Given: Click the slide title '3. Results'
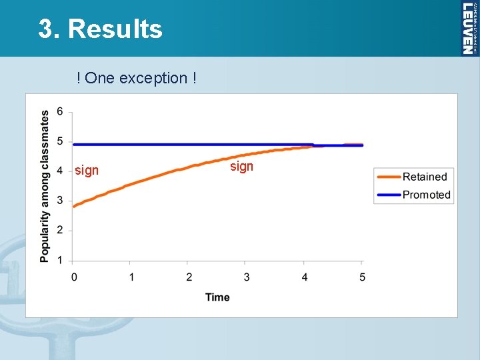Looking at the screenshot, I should (100, 29).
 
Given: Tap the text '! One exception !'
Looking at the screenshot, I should (137, 78).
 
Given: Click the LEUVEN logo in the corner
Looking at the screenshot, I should (469, 28).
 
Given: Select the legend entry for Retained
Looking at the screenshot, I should (425, 177).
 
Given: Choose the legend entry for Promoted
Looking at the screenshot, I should (426, 195).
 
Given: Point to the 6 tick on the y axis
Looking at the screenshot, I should (60, 111).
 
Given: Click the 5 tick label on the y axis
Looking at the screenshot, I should (60, 141).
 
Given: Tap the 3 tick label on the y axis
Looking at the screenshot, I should (60, 201).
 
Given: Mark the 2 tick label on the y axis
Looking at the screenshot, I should (60, 231).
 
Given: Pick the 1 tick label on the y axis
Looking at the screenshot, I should (60, 260).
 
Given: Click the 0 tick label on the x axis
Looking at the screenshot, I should (73, 277).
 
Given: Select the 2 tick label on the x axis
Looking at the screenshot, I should (189, 277).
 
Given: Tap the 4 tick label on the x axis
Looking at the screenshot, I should (305, 277).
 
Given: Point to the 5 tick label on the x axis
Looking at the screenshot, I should (363, 277).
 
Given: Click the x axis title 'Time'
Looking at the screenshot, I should (217, 297).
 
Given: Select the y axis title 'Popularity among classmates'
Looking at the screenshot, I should (45, 186).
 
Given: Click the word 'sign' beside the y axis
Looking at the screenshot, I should (87, 171).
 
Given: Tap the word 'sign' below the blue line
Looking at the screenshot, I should (241, 166).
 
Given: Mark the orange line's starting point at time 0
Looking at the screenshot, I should (74, 206).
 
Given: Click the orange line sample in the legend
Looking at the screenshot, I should (388, 177).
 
